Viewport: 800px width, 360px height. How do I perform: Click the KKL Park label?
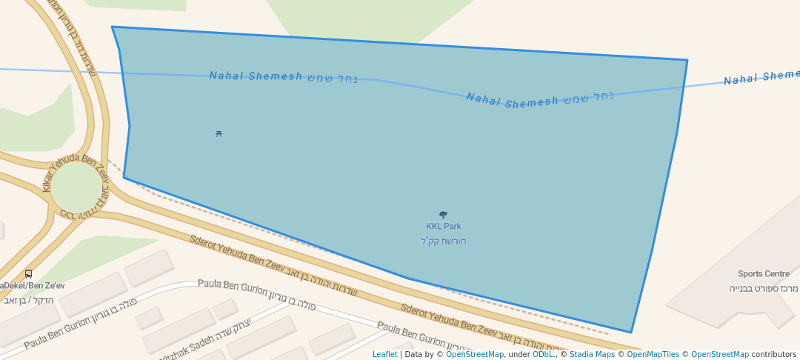(x=443, y=227)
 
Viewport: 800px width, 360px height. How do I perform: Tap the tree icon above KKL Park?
(x=443, y=215)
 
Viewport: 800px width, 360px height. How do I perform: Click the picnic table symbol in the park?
(x=219, y=134)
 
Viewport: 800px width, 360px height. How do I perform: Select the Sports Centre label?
(x=763, y=274)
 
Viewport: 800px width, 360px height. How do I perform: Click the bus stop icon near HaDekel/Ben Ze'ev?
(x=28, y=274)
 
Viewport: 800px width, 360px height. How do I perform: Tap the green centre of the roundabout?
(x=76, y=187)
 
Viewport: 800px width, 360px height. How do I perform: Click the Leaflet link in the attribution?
(x=384, y=354)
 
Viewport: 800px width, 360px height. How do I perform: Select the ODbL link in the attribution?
(x=543, y=354)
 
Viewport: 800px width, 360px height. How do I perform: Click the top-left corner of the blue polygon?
(x=112, y=27)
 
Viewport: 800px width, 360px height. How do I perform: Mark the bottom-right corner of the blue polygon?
(x=631, y=333)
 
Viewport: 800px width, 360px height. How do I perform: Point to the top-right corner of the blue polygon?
(x=687, y=60)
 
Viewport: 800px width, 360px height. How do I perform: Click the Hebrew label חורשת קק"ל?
(x=443, y=241)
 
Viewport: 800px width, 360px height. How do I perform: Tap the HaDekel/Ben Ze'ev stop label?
(x=33, y=286)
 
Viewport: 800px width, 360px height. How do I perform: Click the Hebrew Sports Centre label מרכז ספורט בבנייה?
(x=763, y=287)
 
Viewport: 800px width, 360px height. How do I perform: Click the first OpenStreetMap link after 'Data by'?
(x=475, y=354)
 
